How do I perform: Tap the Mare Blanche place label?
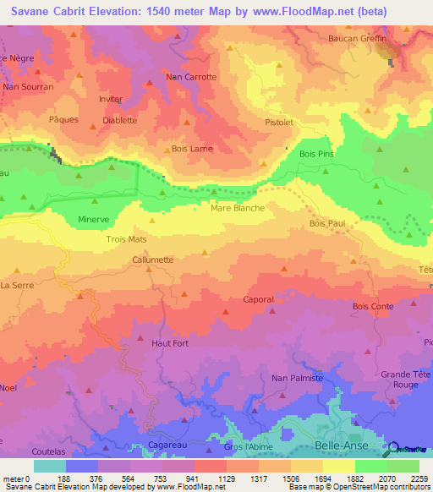point(238,207)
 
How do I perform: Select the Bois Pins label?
point(317,154)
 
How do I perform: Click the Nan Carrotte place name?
point(192,77)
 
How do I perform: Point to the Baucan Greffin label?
point(357,39)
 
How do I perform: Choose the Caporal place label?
point(258,299)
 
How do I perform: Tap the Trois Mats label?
point(126,239)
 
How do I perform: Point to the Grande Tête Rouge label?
point(400,379)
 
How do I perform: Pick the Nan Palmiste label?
point(298,378)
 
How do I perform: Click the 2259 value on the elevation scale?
point(419,478)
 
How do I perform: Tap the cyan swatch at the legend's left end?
point(50,466)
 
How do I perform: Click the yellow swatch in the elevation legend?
point(338,466)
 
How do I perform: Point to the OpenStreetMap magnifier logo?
point(394,448)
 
